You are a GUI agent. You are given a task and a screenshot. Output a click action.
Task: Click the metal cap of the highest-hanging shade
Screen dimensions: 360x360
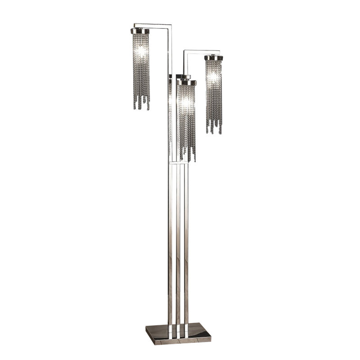140,31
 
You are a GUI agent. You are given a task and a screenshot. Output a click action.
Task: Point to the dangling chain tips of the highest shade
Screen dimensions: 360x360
141,104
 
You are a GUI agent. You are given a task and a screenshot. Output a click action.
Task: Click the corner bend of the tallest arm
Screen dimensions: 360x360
171,25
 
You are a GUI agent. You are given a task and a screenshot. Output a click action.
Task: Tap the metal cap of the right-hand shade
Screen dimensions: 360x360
214,58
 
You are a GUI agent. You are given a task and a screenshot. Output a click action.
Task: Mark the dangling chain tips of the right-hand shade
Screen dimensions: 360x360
214,129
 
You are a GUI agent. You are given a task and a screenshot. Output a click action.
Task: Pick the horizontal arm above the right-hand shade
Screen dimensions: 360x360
201,51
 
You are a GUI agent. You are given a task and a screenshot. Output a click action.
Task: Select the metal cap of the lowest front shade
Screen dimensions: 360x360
187,83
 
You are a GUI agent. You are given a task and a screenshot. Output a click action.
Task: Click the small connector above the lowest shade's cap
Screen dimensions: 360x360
183,76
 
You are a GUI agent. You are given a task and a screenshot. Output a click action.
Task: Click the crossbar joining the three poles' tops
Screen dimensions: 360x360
178,163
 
